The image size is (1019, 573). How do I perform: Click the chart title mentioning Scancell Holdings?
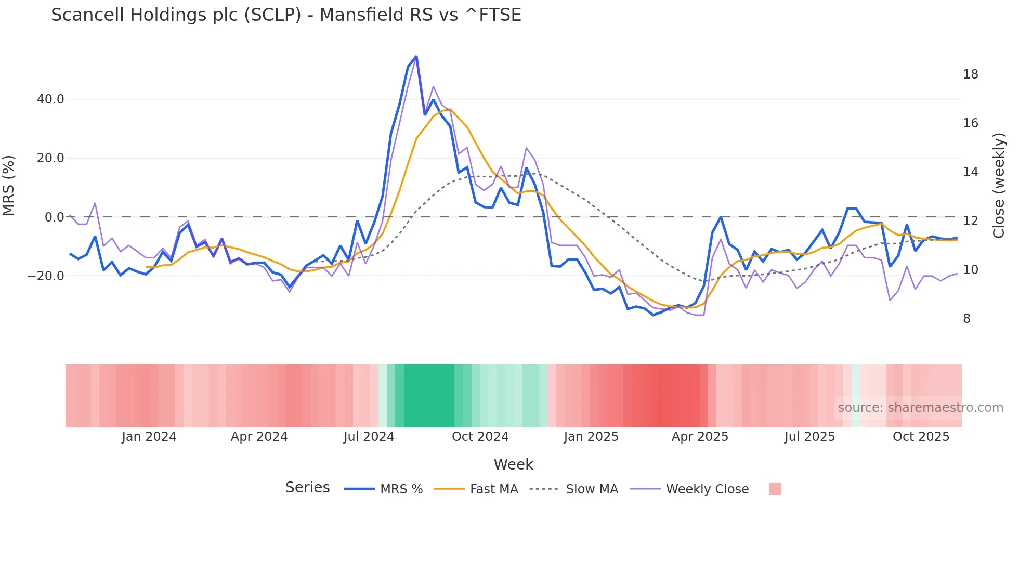point(286,15)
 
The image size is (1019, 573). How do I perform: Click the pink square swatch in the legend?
point(775,489)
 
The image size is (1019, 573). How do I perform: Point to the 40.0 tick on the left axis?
point(50,99)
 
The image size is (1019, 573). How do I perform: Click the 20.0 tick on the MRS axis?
point(50,158)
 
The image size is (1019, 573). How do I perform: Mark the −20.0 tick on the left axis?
point(46,276)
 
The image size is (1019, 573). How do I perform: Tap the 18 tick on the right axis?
point(970,74)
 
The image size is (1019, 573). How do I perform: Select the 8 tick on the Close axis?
point(966,319)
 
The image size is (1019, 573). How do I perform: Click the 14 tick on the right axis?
point(970,172)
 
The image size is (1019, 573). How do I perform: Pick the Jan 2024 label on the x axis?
point(149,437)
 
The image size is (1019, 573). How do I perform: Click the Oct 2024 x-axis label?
point(480,437)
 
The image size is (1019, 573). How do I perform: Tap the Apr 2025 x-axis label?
point(700,437)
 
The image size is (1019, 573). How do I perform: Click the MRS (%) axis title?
point(9,186)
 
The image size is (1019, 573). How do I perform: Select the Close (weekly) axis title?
point(998,186)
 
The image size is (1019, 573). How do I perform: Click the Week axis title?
point(513,464)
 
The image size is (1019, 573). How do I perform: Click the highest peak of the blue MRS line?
point(416,56)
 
